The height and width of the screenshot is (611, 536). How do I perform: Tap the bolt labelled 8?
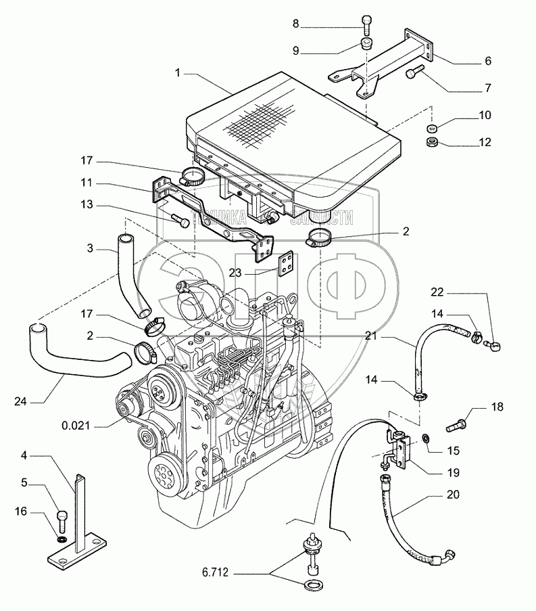[366, 25]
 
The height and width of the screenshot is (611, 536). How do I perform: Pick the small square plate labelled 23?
[288, 261]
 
